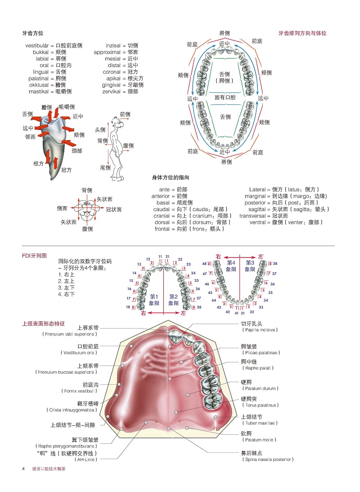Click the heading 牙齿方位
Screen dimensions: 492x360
[33, 33]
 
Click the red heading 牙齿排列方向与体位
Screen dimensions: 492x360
[302, 33]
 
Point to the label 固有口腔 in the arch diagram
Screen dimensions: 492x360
[225, 97]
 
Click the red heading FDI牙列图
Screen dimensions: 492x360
[34, 255]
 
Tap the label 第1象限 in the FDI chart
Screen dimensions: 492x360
[154, 300]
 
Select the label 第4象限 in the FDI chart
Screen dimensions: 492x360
[231, 266]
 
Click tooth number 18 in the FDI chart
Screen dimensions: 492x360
[128, 307]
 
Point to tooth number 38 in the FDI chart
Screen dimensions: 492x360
[275, 264]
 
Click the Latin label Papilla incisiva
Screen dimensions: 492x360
[259, 330]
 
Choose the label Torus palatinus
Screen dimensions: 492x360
[259, 405]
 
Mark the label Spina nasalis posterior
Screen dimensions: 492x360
[268, 460]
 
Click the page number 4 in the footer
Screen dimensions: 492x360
[23, 469]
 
